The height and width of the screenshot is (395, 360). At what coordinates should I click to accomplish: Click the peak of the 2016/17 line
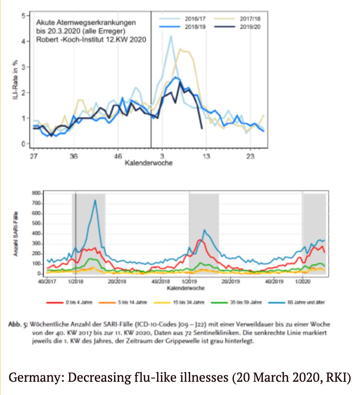coord(171,36)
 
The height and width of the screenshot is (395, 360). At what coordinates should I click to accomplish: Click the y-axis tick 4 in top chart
coord(23,41)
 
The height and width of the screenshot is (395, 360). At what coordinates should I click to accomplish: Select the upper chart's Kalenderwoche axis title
coord(148,163)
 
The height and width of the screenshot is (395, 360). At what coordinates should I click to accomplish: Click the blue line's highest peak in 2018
coord(95,200)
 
